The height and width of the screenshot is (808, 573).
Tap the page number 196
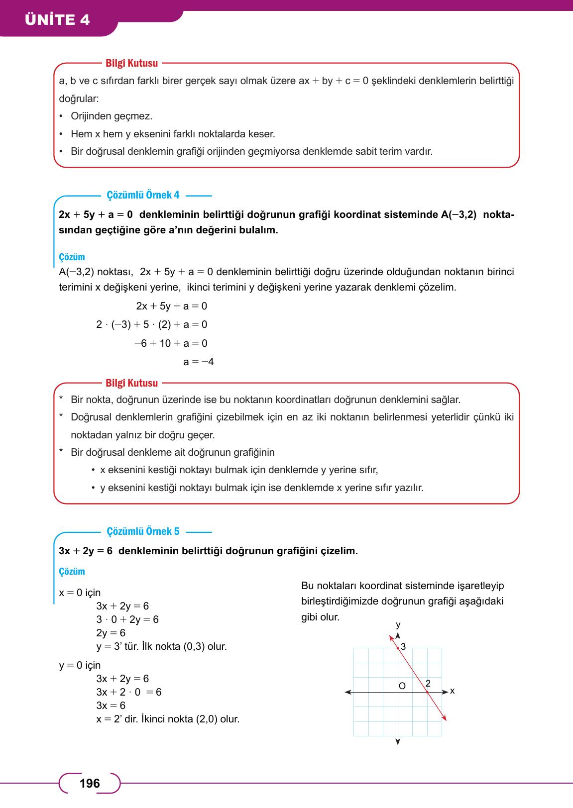pyautogui.click(x=90, y=784)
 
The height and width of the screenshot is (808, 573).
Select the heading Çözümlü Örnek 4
pyautogui.click(x=143, y=195)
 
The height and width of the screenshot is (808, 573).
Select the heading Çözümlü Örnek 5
pyautogui.click(x=143, y=531)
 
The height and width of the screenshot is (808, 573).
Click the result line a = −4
pyautogui.click(x=198, y=362)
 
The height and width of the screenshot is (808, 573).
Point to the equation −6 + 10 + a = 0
pyautogui.click(x=171, y=343)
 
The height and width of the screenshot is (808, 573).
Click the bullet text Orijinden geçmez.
pyautogui.click(x=112, y=116)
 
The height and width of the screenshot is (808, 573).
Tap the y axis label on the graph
pyautogui.click(x=398, y=624)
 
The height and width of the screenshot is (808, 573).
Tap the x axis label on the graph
pyautogui.click(x=452, y=691)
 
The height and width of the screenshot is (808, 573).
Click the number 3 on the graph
pyautogui.click(x=403, y=647)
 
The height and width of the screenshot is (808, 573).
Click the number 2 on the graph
pyautogui.click(x=428, y=683)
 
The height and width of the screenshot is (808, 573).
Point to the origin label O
pyautogui.click(x=402, y=686)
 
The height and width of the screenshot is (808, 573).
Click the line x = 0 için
pyautogui.click(x=80, y=593)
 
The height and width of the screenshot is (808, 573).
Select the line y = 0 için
pyautogui.click(x=80, y=665)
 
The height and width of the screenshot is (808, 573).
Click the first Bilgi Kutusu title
pyautogui.click(x=131, y=63)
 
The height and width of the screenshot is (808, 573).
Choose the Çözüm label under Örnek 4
pyautogui.click(x=72, y=257)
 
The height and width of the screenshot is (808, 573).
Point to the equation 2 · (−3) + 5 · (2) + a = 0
pyautogui.click(x=152, y=325)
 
